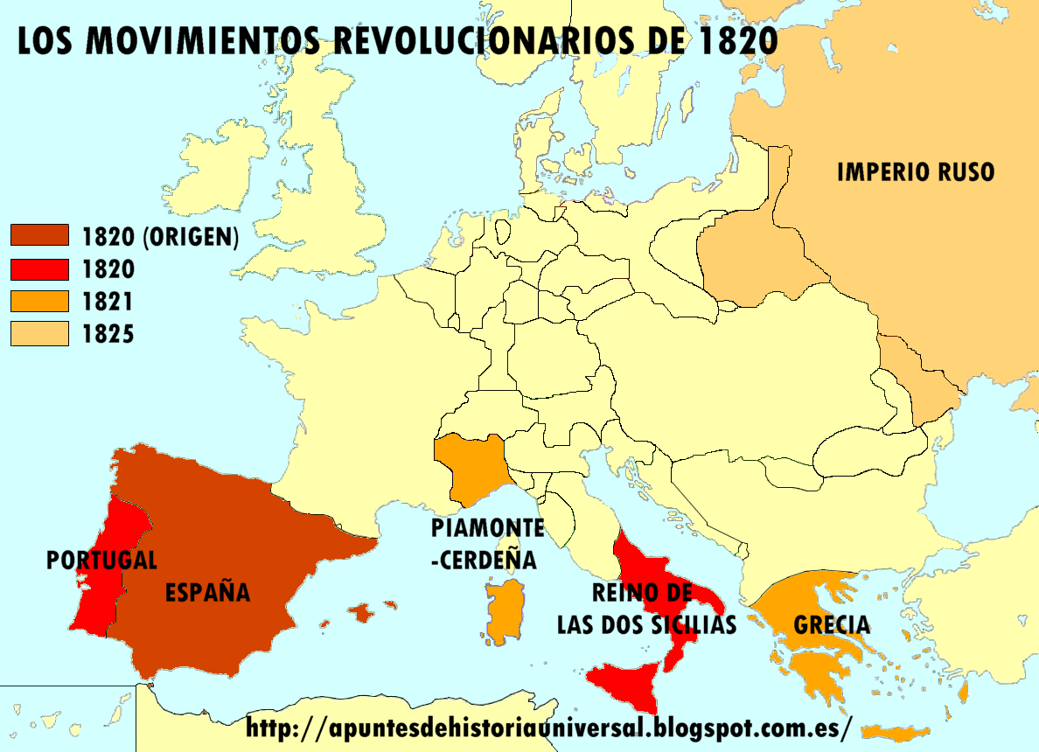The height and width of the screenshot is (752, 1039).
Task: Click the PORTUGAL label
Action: coord(101,560)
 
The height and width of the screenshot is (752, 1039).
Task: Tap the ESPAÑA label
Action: coord(207,592)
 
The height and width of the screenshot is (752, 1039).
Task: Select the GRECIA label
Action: coord(832,624)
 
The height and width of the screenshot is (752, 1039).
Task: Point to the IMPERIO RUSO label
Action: coord(915,171)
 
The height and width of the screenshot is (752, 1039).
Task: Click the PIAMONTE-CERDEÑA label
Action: coord(486,543)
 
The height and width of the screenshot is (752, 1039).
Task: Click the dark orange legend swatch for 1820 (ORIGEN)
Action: coord(39,235)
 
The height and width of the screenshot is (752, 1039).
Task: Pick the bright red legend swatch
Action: coord(39,268)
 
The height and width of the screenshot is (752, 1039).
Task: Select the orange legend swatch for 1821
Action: coord(39,302)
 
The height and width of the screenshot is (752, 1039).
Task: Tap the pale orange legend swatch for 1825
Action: coord(39,333)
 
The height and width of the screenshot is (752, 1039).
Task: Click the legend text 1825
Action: coord(108,333)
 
